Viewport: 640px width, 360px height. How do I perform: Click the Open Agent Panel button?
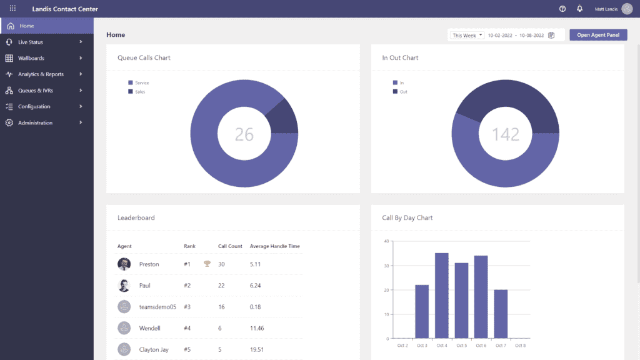point(598,35)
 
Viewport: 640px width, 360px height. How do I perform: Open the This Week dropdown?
point(467,36)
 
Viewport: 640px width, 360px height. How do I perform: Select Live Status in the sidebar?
point(31,42)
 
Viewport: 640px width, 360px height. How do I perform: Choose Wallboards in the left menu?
point(31,58)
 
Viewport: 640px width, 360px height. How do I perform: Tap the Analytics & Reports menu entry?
point(41,74)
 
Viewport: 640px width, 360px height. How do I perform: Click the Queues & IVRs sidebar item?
point(36,91)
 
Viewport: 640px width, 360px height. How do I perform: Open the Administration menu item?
point(35,123)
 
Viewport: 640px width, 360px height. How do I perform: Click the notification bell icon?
point(579,9)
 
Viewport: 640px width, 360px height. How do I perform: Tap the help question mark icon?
point(562,9)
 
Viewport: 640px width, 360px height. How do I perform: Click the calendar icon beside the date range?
point(551,36)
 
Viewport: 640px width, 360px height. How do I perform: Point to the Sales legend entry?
point(139,92)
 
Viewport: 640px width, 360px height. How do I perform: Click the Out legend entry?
point(403,92)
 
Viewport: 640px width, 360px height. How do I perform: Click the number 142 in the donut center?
point(505,134)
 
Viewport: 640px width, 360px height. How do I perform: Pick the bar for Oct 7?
point(501,314)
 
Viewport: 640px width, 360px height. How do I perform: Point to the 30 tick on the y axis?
point(387,266)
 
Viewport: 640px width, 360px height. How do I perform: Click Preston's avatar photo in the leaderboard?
point(124,264)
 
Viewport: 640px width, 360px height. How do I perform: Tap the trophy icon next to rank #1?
point(207,264)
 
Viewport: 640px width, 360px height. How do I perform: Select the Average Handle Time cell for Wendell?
point(256,328)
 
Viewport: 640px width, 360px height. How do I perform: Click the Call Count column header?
point(230,246)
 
